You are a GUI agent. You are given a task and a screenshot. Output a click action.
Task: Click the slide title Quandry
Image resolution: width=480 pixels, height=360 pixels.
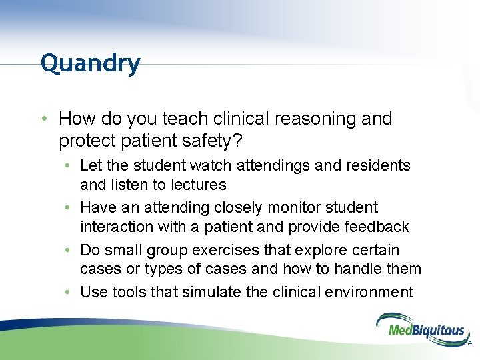tap(90, 64)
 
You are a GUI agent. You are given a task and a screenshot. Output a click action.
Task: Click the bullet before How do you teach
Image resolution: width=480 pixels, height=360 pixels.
tap(43, 119)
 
